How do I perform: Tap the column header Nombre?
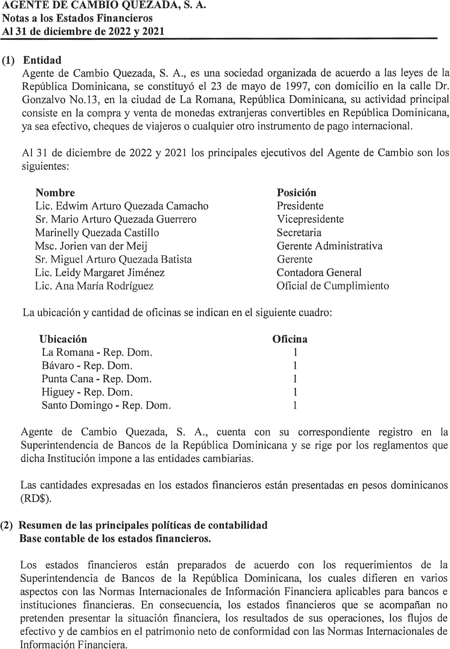coord(55,193)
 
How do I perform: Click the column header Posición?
coord(296,193)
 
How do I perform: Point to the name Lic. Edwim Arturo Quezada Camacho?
coord(122,206)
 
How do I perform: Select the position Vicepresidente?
coord(310,219)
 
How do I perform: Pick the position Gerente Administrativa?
coord(329,246)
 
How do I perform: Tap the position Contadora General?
coord(319,272)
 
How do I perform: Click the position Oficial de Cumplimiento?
coord(333,286)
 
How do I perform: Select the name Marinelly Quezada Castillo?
coord(97,233)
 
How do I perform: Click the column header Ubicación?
coord(63,339)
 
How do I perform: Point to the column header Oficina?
coord(289,339)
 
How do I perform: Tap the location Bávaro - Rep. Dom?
coord(87,366)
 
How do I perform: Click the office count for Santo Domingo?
coord(295,405)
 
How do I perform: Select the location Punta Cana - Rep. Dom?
coord(97,379)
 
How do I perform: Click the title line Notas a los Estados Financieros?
coord(77,18)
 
